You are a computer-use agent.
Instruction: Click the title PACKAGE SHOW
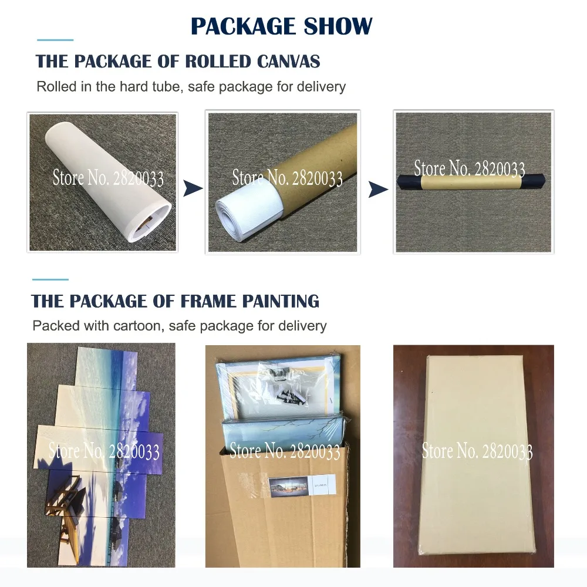click(x=282, y=26)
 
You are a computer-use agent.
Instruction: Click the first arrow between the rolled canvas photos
click(x=193, y=188)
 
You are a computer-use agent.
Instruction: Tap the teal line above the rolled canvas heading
click(x=55, y=40)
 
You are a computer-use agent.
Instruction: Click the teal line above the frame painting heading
click(x=50, y=279)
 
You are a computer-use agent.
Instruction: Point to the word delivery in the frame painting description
click(x=302, y=325)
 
